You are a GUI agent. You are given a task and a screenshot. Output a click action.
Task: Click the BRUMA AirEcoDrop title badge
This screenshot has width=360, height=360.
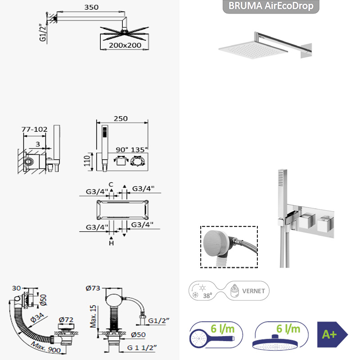(271, 6)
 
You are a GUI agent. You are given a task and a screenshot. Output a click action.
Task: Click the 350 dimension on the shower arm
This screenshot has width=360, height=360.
(91, 7)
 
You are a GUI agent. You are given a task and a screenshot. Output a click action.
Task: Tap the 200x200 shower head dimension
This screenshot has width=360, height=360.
(125, 45)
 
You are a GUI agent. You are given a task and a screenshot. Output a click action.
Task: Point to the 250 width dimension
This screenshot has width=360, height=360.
(121, 118)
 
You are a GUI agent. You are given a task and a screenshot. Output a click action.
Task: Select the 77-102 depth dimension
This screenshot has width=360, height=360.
(35, 130)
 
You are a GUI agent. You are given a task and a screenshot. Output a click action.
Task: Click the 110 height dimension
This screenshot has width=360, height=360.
(87, 161)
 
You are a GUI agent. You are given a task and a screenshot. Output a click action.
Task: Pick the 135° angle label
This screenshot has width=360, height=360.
(139, 150)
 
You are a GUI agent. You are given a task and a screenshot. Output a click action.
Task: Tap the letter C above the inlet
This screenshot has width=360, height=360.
(111, 184)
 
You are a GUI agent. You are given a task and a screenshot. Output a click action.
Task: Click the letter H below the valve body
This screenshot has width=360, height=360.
(111, 243)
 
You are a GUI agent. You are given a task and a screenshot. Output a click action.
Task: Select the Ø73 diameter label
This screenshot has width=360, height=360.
(93, 288)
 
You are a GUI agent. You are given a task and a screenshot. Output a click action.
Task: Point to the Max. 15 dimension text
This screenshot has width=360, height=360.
(93, 316)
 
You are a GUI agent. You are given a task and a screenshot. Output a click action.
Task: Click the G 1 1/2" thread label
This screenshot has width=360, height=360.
(142, 347)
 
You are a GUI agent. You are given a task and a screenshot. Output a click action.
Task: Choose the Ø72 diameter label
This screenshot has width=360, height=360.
(66, 319)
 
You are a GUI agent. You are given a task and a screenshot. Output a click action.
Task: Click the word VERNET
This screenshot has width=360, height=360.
(253, 291)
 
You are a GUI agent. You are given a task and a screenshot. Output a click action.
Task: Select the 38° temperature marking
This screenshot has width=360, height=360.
(207, 296)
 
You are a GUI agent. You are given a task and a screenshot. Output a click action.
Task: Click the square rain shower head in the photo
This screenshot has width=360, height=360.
(253, 50)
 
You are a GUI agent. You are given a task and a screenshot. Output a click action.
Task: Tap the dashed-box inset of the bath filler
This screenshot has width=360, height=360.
(229, 247)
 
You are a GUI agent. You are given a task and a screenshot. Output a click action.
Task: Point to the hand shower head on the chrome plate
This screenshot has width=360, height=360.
(283, 193)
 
